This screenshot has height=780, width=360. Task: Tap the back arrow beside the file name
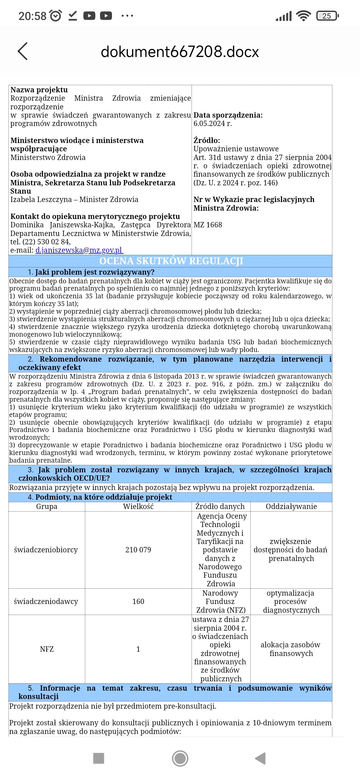click(22, 51)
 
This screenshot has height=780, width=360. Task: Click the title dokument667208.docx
click(180, 52)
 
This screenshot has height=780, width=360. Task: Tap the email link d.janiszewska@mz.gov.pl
click(79, 250)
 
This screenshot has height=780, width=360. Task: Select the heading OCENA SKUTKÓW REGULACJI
click(171, 261)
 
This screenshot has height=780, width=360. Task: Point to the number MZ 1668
click(208, 225)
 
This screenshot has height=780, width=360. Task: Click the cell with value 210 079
click(138, 550)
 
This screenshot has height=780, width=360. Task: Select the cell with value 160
click(138, 601)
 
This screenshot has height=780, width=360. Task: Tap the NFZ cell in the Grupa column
click(47, 649)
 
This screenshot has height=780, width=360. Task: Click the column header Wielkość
click(138, 506)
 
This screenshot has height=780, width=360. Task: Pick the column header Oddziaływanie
click(291, 506)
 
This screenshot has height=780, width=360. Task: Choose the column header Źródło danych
click(220, 506)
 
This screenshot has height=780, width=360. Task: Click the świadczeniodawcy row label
click(46, 601)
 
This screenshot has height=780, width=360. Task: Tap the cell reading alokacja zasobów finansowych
click(291, 649)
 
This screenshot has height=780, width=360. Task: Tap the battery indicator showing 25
click(327, 16)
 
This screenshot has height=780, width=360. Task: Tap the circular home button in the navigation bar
click(180, 758)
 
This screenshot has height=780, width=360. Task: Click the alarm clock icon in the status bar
click(55, 16)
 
